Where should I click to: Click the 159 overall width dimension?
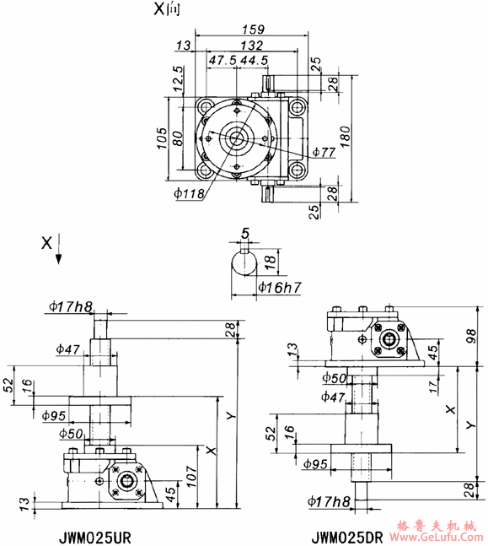coord(252,29)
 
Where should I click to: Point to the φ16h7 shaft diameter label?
coord(278,289)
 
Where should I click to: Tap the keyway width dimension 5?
coord(245,232)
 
